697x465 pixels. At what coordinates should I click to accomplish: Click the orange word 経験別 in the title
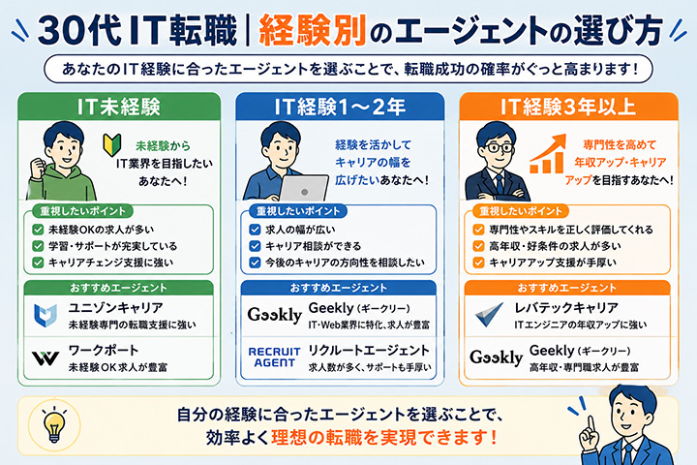[312, 30]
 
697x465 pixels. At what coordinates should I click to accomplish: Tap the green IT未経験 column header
[119, 107]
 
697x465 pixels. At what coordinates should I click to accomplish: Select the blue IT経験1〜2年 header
[340, 107]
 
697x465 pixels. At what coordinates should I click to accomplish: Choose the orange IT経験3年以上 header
[568, 107]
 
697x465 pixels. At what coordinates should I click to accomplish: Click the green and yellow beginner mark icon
[112, 145]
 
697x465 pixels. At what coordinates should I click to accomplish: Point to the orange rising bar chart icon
[548, 153]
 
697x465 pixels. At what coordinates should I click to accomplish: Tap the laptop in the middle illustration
[304, 188]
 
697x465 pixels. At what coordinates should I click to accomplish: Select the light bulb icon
[54, 424]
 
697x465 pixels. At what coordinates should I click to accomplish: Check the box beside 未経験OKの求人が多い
[38, 230]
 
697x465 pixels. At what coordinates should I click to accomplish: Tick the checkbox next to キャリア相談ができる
[255, 246]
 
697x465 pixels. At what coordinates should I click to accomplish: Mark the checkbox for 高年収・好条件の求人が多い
[478, 246]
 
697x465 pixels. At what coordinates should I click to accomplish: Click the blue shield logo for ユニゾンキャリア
[45, 315]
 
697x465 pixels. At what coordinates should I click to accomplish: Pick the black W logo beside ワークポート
[45, 357]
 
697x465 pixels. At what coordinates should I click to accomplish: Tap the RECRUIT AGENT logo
[274, 357]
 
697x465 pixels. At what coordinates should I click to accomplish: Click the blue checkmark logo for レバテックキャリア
[489, 314]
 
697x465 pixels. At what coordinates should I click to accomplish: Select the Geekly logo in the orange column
[496, 357]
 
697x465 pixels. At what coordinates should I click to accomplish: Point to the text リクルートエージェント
[369, 351]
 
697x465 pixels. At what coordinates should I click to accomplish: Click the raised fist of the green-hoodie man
[38, 168]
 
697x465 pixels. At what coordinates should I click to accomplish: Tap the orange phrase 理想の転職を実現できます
[383, 438]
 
